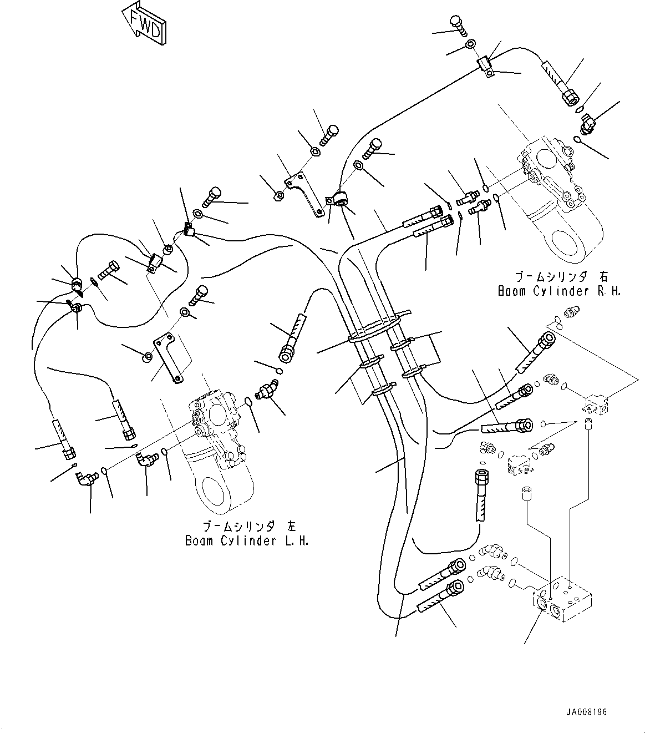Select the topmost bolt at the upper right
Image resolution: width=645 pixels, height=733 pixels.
pos(456,22)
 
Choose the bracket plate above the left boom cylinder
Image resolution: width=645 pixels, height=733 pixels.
pos(169,356)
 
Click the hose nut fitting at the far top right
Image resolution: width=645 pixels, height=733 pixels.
pos(568,98)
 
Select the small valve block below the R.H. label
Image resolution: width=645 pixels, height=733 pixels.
pos(596,403)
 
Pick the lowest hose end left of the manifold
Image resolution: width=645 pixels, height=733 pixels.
pos(441,594)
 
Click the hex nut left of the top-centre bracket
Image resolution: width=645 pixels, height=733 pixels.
pos(280,195)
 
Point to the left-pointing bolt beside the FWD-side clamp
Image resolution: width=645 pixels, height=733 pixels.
pos(109,272)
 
